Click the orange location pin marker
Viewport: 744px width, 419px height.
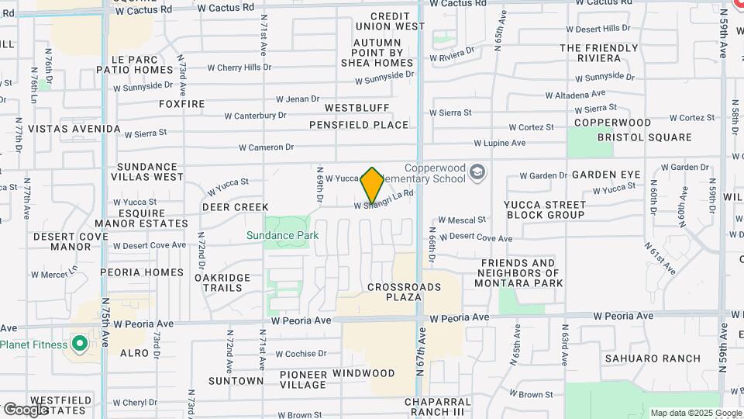click(x=373, y=185)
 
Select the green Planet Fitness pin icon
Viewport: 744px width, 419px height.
click(x=79, y=343)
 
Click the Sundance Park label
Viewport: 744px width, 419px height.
click(x=283, y=235)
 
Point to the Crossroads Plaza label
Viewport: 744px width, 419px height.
click(x=404, y=292)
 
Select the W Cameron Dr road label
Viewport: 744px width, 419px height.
click(x=266, y=147)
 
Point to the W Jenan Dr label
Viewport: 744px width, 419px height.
click(x=298, y=99)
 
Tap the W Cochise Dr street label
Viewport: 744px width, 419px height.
click(x=300, y=353)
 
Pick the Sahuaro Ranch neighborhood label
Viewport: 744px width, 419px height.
click(x=653, y=358)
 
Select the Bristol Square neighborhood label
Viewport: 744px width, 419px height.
click(x=644, y=137)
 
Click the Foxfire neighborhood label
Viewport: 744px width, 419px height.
click(x=181, y=103)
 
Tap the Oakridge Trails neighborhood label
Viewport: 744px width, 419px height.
click(x=222, y=282)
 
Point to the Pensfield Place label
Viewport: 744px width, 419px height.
click(x=358, y=124)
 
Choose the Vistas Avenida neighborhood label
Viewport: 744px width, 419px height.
click(x=74, y=128)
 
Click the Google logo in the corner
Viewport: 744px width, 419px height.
click(x=25, y=409)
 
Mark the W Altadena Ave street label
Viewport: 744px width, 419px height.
click(x=579, y=95)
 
